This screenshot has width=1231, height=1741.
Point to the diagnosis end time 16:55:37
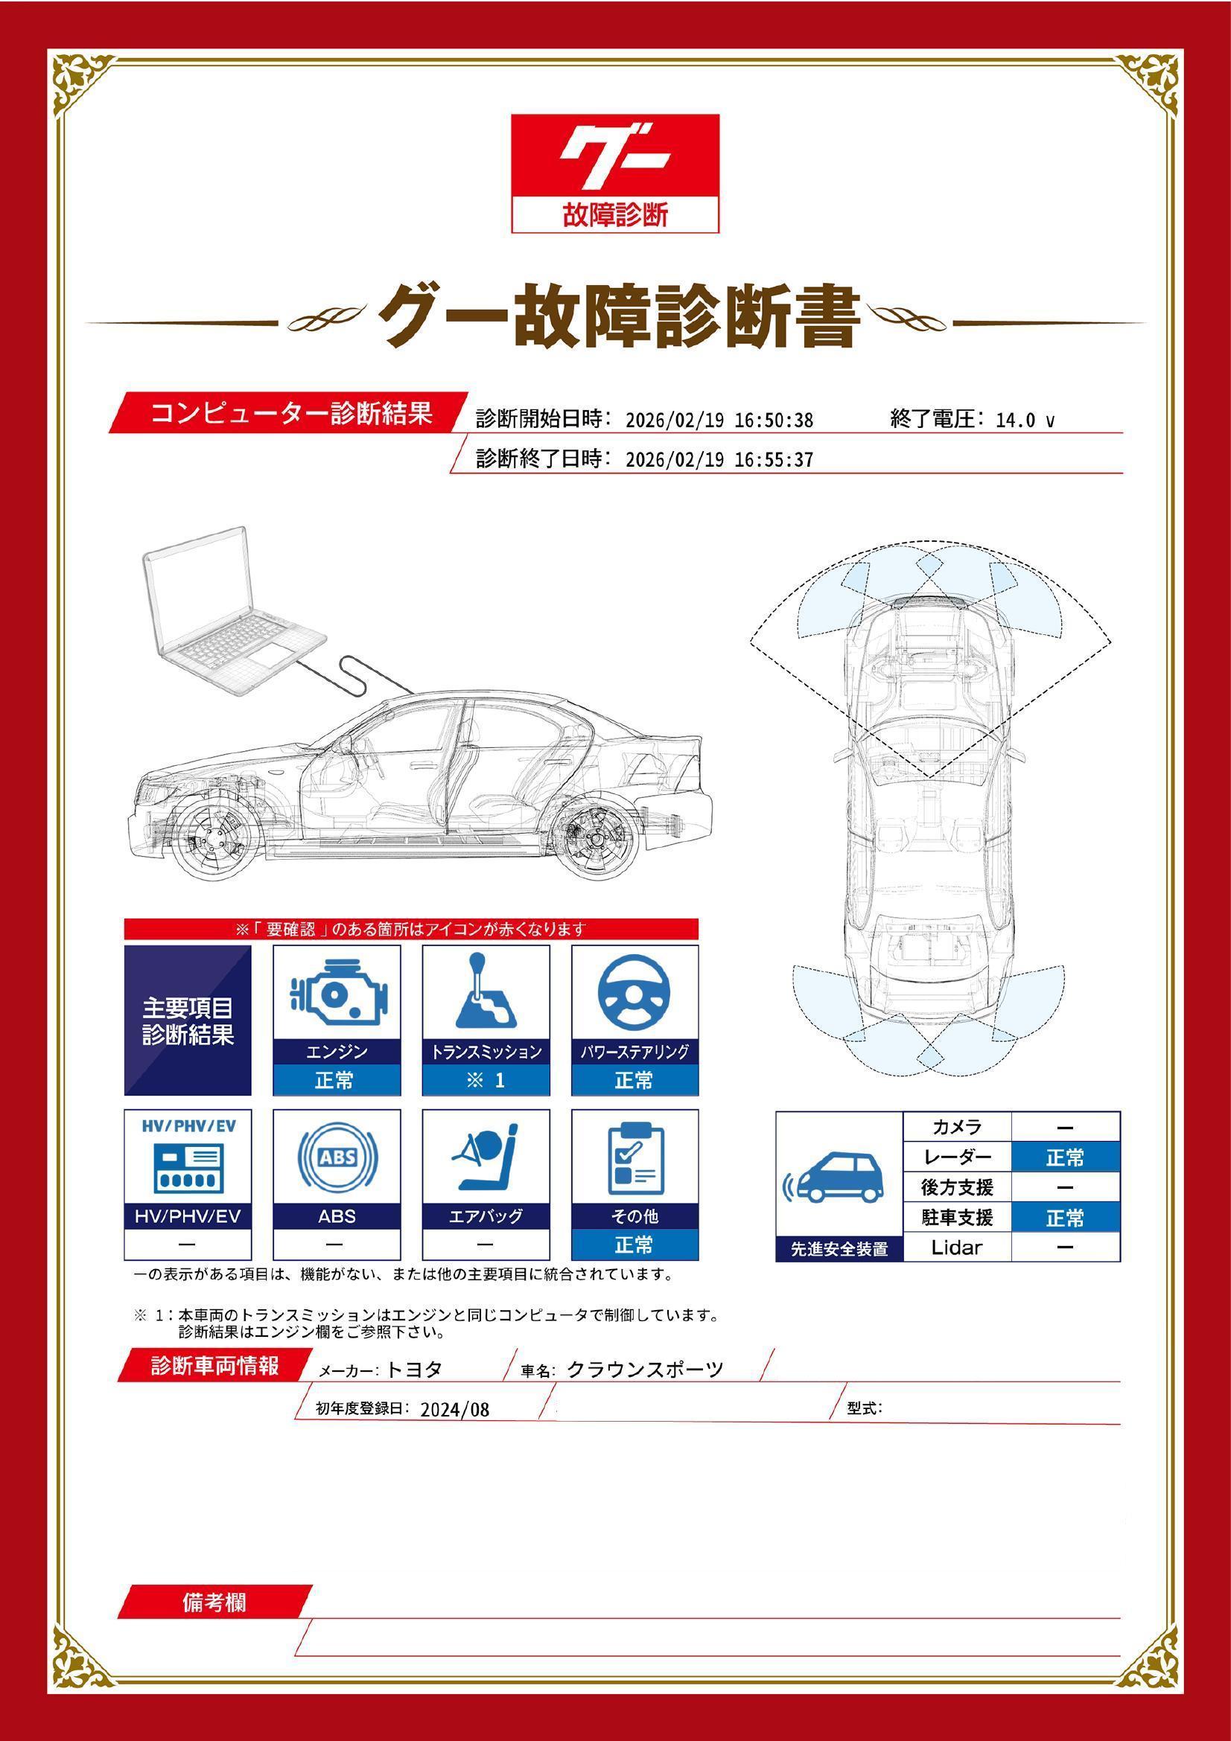[774, 459]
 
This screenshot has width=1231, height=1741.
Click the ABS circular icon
[337, 1157]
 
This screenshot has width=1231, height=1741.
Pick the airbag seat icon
[486, 1158]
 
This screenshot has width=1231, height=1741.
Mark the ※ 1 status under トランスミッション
[486, 1080]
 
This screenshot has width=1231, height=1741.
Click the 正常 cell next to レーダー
[1064, 1157]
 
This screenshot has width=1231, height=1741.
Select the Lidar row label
[955, 1247]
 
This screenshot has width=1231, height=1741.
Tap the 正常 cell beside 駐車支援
[1064, 1218]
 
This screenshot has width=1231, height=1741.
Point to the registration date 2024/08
[454, 1410]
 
